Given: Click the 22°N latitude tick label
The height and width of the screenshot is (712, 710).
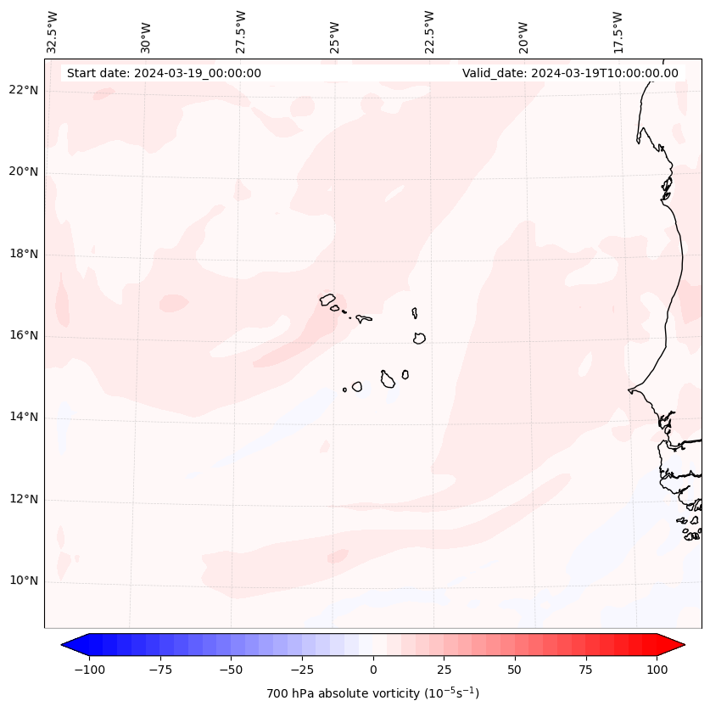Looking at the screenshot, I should [24, 90].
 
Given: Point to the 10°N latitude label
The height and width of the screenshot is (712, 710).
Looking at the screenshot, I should [24, 581].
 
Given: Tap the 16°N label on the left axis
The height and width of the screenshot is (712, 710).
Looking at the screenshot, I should [24, 336].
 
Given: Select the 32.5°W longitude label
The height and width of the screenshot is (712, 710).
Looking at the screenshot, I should [53, 31].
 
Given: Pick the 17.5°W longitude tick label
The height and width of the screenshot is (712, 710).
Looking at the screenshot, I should [618, 31].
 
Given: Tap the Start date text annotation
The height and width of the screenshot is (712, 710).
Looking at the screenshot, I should [164, 73].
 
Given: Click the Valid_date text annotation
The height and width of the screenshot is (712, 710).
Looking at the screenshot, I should [570, 73].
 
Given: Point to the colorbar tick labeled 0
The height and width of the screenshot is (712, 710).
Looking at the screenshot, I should [373, 670].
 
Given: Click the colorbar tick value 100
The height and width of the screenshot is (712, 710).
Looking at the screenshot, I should [657, 670].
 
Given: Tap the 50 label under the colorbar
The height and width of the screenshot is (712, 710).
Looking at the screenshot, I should [515, 670].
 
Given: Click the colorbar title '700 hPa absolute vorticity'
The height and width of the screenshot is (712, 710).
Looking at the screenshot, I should [373, 693].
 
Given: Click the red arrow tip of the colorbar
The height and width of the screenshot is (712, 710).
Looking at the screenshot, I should [677, 646].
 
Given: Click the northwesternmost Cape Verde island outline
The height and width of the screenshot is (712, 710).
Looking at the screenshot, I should [327, 299].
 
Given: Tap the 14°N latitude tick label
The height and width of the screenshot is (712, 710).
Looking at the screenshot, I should [24, 417].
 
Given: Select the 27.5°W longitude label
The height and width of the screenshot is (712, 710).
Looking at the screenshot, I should [241, 31].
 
